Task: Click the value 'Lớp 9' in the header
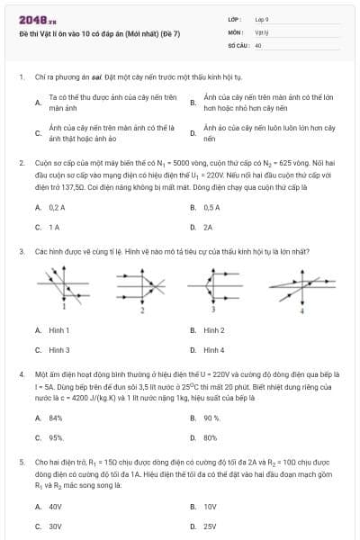pyautogui.click(x=263, y=19)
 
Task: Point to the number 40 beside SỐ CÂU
pyautogui.click(x=258, y=44)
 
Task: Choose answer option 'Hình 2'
pyautogui.click(x=214, y=330)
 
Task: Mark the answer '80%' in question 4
pyautogui.click(x=211, y=437)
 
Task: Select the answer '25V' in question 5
pyautogui.click(x=210, y=526)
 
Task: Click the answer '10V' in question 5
pyautogui.click(x=210, y=507)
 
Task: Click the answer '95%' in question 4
pyautogui.click(x=56, y=437)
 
